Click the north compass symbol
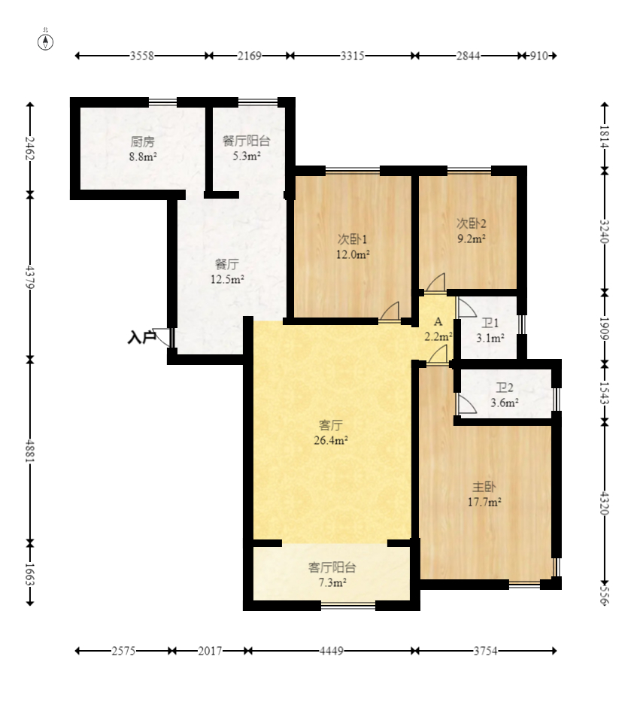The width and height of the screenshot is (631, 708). pos(46,41)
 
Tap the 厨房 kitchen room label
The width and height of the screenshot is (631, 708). pos(143,141)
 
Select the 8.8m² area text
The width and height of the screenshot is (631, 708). pos(143,157)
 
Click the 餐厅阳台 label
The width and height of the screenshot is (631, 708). pos(247,141)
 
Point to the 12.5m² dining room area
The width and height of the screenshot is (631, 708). pos(227,279)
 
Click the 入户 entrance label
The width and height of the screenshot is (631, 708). pos(141,337)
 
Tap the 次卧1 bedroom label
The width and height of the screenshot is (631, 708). pos(353,239)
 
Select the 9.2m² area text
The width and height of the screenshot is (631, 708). pos(472,239)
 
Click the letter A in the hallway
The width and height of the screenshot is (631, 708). pos(438,322)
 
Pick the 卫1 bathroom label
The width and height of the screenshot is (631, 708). pos(490,324)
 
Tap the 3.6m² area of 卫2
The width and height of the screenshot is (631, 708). pos(505,403)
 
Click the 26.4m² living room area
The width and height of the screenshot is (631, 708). pos(331,440)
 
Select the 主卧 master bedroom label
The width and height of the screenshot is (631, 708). pos(484,487)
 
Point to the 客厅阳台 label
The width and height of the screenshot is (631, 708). pos(332,567)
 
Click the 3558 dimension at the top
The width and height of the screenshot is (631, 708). pos(142,56)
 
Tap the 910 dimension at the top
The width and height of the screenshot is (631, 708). pos(538,56)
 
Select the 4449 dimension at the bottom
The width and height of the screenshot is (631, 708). pos(332,651)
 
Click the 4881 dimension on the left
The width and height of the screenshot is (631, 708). pos(30,451)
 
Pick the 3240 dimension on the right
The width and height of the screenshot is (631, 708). pos(605,232)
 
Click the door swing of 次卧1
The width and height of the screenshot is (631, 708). pos(390,312)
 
